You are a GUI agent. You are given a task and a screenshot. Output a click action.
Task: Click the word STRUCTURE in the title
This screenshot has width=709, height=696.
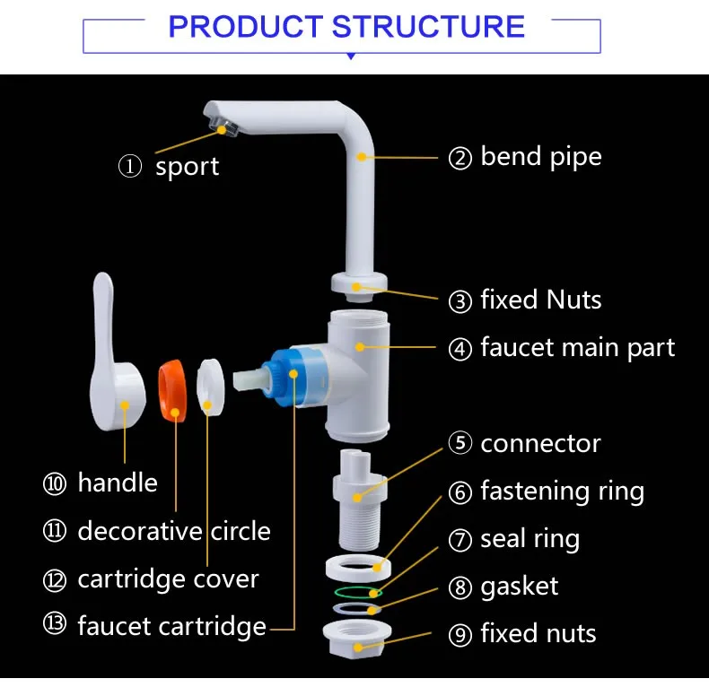coord(428,27)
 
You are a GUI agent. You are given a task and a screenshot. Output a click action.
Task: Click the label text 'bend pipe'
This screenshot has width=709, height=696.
coord(540,157)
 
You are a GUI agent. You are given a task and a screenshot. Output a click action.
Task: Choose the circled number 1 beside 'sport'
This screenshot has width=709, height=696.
coord(130,167)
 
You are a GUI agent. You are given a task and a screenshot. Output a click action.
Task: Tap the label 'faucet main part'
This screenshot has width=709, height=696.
coord(577,347)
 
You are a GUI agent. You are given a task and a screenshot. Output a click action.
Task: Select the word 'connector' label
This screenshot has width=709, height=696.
coord(540,443)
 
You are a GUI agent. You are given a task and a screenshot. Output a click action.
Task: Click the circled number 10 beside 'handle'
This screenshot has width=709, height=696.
coord(55,483)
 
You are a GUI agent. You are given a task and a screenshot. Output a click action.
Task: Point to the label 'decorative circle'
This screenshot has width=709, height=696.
coord(173,531)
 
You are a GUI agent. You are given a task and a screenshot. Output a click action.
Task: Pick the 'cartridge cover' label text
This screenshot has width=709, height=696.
coord(168,579)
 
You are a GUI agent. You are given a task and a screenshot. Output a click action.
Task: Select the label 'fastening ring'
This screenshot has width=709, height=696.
coord(562,492)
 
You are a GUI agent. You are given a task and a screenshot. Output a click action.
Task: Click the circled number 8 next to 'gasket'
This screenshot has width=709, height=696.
coord(460,588)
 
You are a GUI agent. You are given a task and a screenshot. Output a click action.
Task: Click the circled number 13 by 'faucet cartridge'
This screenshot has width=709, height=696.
coord(55,625)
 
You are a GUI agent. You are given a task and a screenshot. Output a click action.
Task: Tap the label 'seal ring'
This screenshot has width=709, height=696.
coord(530,539)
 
